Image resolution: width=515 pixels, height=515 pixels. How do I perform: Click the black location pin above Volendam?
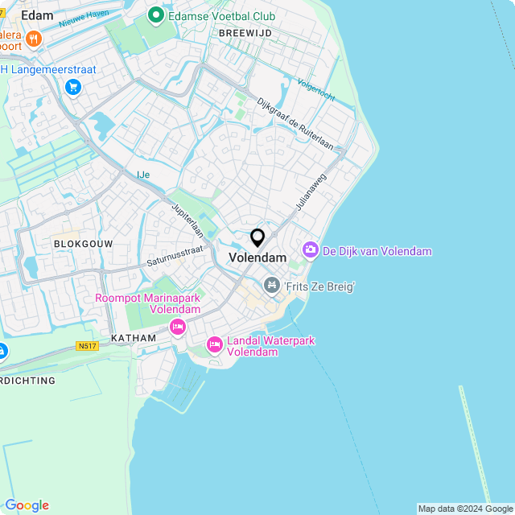point(257,238)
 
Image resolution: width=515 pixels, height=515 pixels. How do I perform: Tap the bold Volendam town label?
point(257,257)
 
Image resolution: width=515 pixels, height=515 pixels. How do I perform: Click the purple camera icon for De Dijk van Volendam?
point(311,251)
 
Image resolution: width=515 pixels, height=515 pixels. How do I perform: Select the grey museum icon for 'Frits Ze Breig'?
point(272,286)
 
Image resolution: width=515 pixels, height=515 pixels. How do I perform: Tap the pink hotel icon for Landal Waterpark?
point(214,344)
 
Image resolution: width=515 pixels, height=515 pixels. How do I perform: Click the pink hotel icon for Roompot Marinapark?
point(178,327)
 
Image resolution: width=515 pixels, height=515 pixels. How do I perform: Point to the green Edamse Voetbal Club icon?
point(155,16)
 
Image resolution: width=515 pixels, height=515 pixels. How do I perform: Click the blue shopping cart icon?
point(74,86)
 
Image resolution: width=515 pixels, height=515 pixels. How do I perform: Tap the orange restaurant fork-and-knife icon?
point(32,38)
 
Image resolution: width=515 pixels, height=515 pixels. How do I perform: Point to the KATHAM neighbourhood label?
point(134,338)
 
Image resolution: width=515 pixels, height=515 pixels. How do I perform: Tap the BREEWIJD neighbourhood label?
point(245,33)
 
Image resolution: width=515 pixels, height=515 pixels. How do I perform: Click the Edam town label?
point(38,14)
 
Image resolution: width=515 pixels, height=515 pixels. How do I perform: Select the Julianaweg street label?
point(311,193)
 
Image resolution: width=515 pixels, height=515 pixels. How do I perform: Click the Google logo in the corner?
point(27,505)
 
